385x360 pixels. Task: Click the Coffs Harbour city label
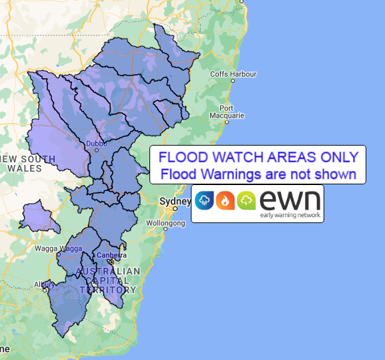pyautogui.click(x=228, y=73)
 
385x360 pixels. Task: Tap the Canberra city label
pyautogui.click(x=111, y=255)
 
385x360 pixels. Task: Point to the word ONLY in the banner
pyautogui.click(x=337, y=158)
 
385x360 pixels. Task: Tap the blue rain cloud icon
pyautogui.click(x=204, y=200)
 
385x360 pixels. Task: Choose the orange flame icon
pyautogui.click(x=226, y=200)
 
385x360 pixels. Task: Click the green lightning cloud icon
pyautogui.click(x=246, y=200)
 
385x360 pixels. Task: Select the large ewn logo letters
pyautogui.click(x=289, y=199)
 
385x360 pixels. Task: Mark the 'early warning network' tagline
pyautogui.click(x=290, y=215)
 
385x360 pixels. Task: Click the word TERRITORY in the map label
pyautogui.click(x=108, y=290)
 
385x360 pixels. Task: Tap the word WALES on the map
pyautogui.click(x=25, y=168)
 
